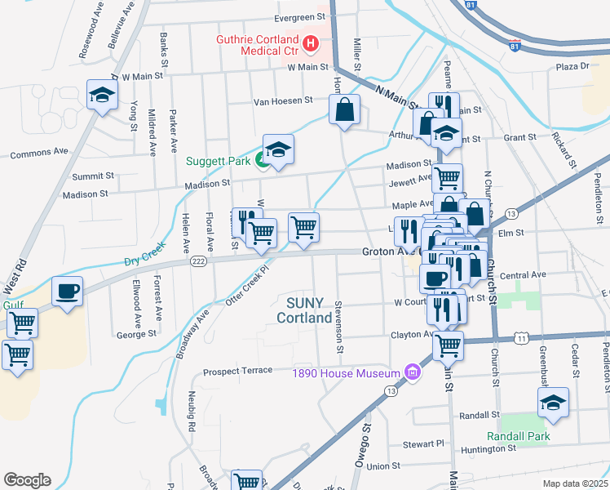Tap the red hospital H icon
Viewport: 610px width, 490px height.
point(310,43)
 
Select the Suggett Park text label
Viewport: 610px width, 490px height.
point(219,161)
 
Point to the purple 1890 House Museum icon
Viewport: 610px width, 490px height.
point(413,373)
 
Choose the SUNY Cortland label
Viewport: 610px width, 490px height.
point(303,310)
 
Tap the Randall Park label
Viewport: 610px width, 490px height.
point(518,436)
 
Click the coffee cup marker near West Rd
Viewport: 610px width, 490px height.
point(67,290)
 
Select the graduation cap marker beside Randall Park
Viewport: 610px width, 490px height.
point(553,402)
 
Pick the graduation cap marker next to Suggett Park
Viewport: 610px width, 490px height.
point(277,149)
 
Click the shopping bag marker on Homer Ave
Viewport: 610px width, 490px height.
point(344,109)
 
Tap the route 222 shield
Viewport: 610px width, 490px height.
point(198,261)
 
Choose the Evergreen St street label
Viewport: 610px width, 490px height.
point(276,17)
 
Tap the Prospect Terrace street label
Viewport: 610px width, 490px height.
point(237,370)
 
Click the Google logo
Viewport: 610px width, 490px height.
point(27,480)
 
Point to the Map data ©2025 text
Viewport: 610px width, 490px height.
point(574,483)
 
